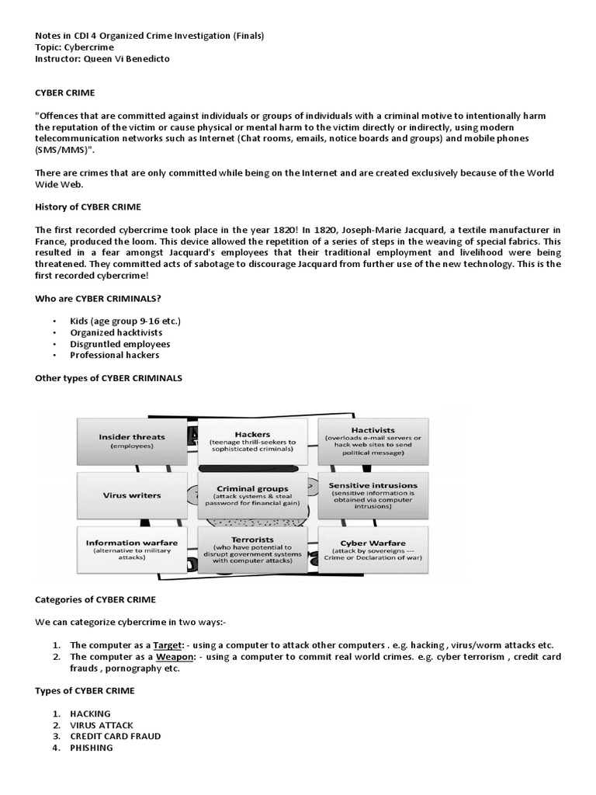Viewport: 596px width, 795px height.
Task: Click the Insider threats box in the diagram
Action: (x=137, y=440)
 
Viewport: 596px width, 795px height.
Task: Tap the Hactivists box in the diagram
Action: (x=373, y=440)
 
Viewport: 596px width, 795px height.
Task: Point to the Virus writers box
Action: (x=132, y=495)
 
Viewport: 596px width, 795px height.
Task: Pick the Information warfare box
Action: (x=132, y=548)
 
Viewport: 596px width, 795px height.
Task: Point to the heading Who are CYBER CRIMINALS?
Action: (x=99, y=298)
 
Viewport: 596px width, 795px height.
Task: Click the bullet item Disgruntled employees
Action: (x=120, y=344)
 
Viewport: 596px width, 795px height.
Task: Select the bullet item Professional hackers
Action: (x=115, y=355)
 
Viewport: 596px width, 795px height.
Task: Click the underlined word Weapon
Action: (x=175, y=657)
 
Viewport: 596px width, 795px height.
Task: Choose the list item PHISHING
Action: (x=91, y=748)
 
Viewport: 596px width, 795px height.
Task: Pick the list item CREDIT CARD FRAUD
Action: (x=116, y=736)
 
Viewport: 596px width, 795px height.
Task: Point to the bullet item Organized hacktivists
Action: (x=116, y=332)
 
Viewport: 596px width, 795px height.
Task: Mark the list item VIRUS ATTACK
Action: (x=102, y=725)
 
